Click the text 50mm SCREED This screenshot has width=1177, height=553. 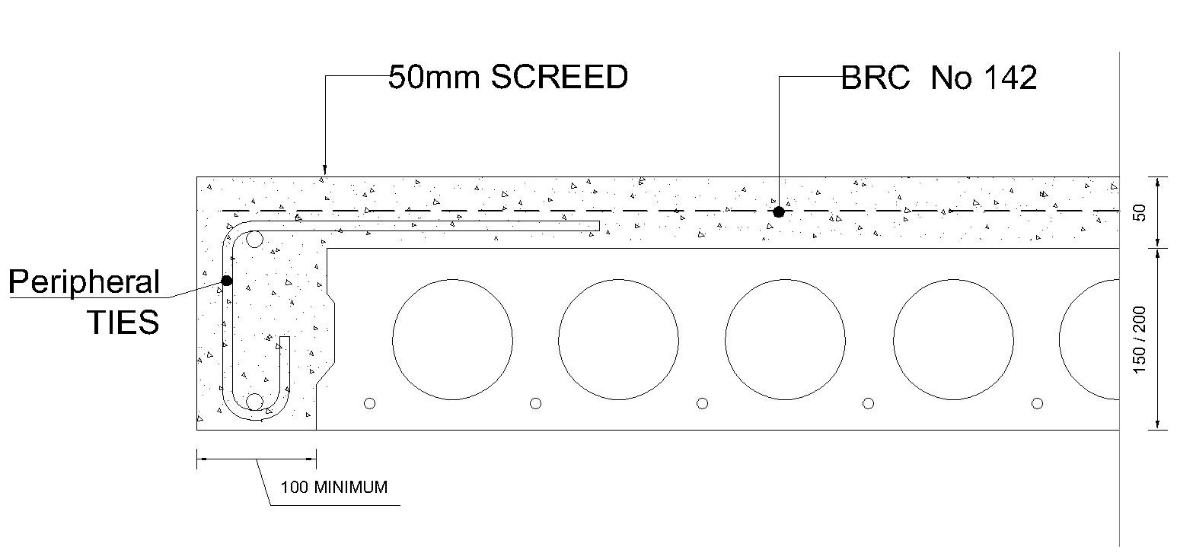(508, 77)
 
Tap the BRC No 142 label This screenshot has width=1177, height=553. (939, 78)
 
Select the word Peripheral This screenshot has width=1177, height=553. (84, 282)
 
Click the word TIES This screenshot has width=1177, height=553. (123, 322)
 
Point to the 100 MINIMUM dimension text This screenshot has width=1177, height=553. (334, 487)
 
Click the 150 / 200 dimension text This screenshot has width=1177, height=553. (1139, 340)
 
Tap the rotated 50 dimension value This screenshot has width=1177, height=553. (1139, 212)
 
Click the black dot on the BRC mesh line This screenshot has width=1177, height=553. (779, 211)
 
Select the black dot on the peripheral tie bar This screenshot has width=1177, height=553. (226, 281)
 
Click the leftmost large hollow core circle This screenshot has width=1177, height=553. (452, 339)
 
